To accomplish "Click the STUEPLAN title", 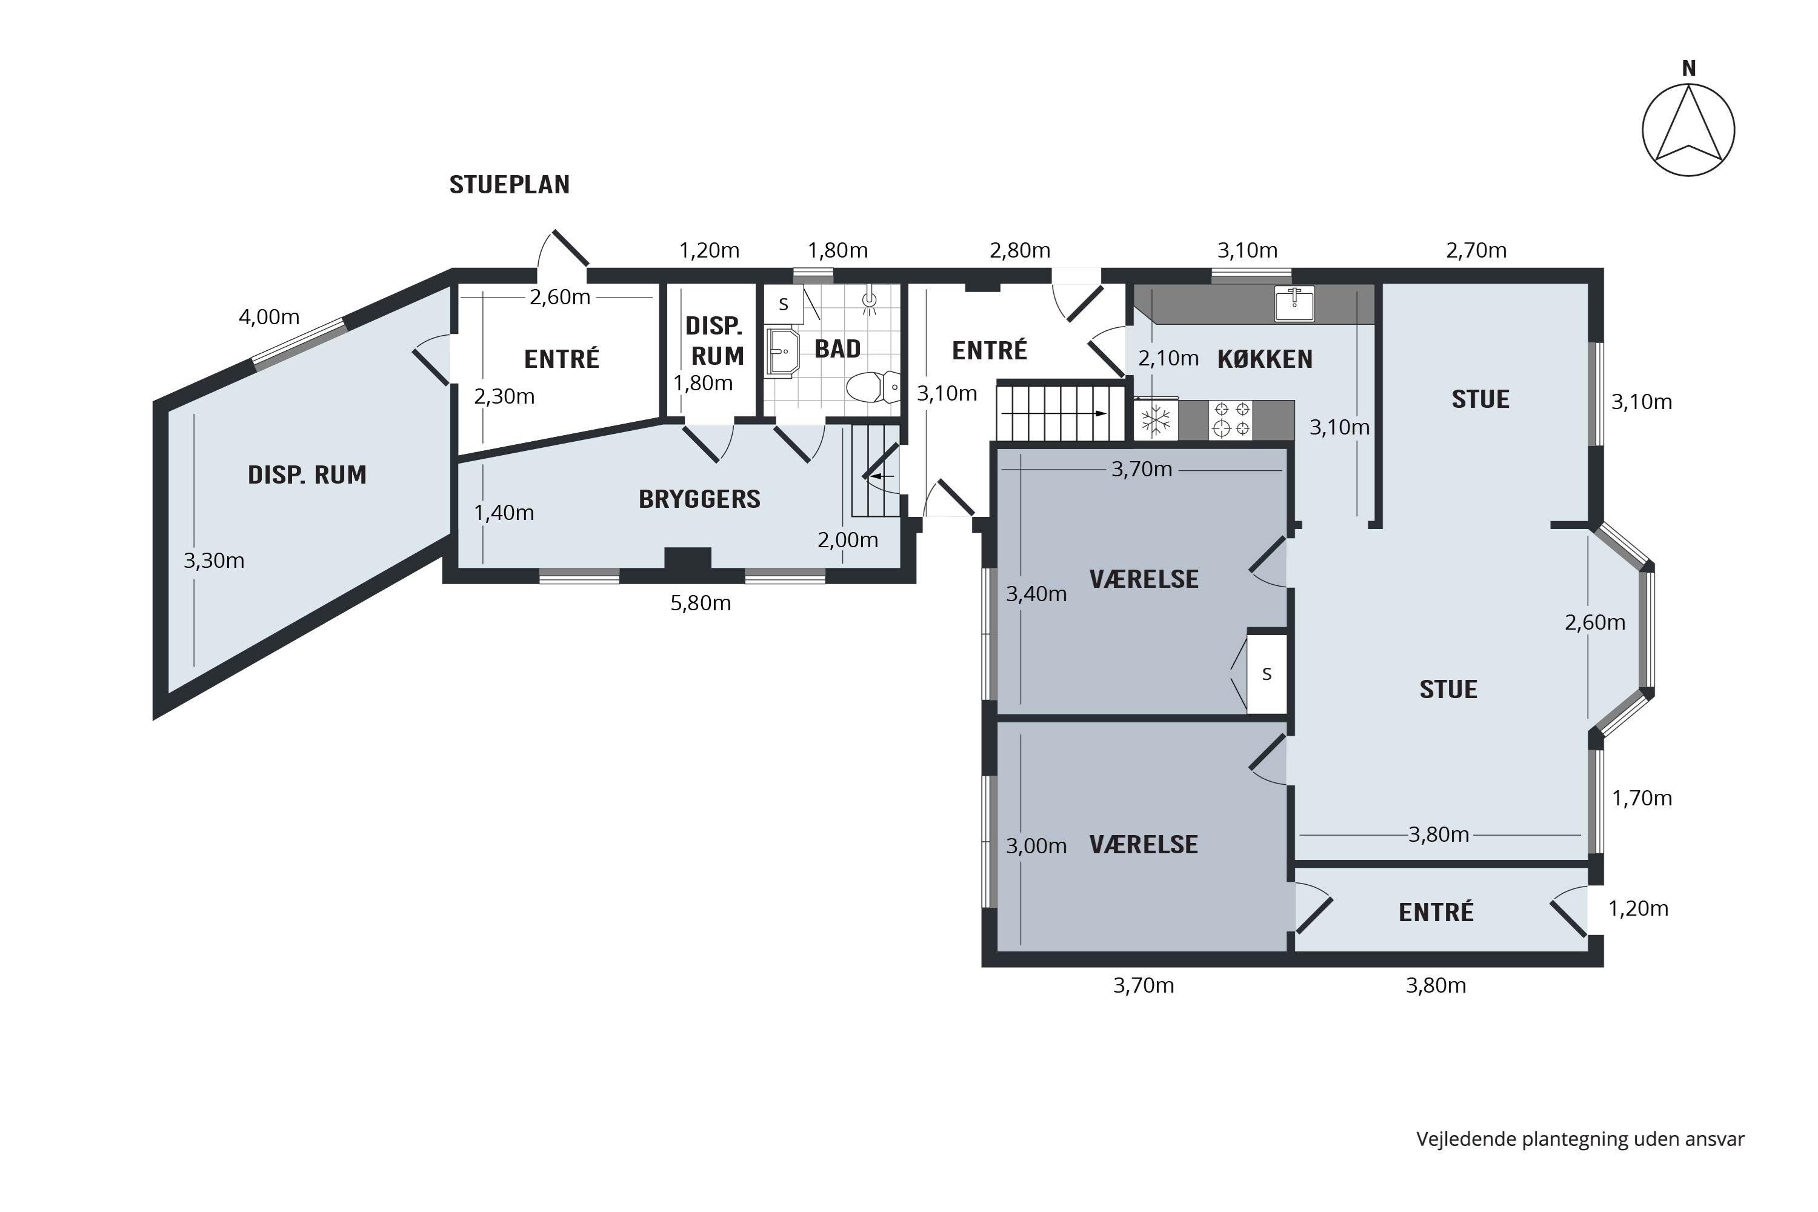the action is coord(510,185).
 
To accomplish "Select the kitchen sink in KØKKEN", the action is coord(1294,304).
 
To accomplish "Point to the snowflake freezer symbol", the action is coord(1156,421).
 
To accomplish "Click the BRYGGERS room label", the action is coord(699,499).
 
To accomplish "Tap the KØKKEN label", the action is coord(1265,359).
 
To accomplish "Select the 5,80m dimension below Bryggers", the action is coord(701,603).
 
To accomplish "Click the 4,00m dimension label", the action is coord(269,317).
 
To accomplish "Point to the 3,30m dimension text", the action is coord(213,561).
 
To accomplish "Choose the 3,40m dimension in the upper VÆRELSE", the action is coord(1036,594).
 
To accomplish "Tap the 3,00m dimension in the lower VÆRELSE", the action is coord(1036,845).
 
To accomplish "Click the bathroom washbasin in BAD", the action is coord(782,353).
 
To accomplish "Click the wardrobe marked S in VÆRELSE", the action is coord(1267,674).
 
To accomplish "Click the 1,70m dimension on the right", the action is coord(1642,797).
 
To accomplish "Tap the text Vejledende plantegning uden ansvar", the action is coord(1580,1139).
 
